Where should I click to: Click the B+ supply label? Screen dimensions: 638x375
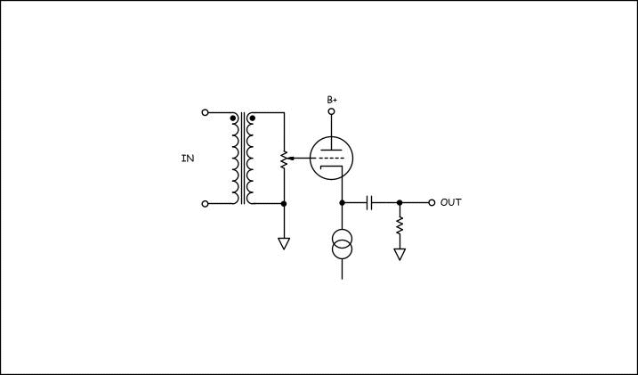332,100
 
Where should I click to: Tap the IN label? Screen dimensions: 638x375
188,159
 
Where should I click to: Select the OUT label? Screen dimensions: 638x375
451,202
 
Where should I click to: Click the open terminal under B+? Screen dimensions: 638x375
332,111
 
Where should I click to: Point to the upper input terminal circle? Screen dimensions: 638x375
205,112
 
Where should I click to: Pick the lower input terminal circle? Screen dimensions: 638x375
205,204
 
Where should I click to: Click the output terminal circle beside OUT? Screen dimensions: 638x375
432,203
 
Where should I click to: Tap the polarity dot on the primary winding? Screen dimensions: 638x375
233,118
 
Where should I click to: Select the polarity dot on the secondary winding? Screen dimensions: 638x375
253,118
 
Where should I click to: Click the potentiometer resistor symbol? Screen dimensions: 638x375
284,160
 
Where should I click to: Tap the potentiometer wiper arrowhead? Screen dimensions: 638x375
290,158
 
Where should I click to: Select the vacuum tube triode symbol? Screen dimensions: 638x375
331,158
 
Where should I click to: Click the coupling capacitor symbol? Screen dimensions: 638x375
369,203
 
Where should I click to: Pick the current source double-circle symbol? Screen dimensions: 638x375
343,244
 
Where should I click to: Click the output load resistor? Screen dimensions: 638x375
400,225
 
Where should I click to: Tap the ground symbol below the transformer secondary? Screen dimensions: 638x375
284,243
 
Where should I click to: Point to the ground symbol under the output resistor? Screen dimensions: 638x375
400,255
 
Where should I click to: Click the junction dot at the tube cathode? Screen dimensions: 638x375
343,203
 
